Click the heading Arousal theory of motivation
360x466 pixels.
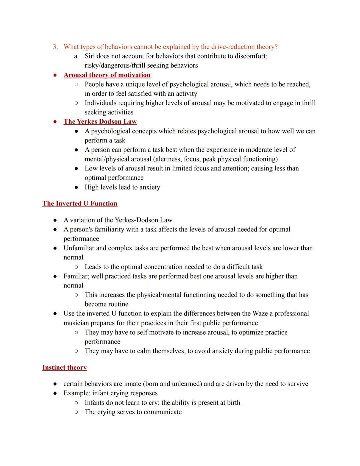pos(107,75)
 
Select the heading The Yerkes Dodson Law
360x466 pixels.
pos(100,122)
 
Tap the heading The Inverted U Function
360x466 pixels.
pos(80,204)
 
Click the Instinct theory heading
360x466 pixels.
pos(64,368)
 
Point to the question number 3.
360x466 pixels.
pos(55,47)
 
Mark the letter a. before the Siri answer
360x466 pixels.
pos(76,56)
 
